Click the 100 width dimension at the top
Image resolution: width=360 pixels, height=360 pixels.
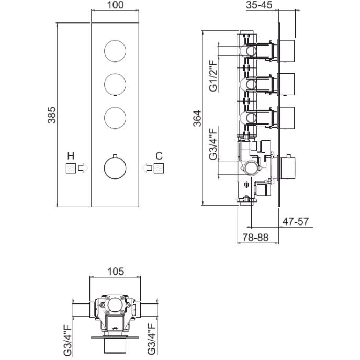pos(116,5)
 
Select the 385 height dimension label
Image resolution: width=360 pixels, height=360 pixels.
pos(51,115)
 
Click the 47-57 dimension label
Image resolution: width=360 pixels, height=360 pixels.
pos(296,221)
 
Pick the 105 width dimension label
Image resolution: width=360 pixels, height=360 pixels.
pos(115,271)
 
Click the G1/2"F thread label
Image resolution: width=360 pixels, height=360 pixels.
pos(213,76)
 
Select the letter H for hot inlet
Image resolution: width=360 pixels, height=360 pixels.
pos(70,155)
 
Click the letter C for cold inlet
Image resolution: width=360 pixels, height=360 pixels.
pos(159,155)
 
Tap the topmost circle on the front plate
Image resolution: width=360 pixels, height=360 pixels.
pos(115,51)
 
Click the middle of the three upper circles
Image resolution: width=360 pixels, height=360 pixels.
pos(115,84)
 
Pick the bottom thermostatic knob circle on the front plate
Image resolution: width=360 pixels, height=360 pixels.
pos(115,168)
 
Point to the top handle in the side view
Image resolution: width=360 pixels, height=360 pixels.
pos(287,50)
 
